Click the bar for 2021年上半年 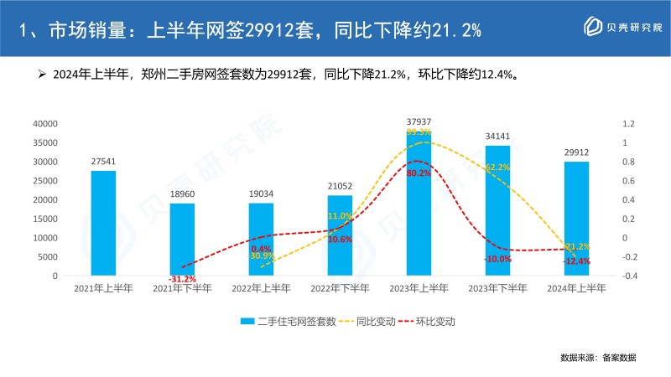[103, 223]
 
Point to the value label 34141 [497, 137]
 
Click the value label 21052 [340, 186]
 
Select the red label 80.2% [419, 173]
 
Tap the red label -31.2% [182, 279]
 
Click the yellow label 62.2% [497, 168]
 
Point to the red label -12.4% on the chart [576, 261]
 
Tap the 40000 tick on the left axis [44, 123]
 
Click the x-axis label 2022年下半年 [340, 288]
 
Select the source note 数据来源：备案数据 [598, 358]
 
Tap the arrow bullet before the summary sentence [40, 75]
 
